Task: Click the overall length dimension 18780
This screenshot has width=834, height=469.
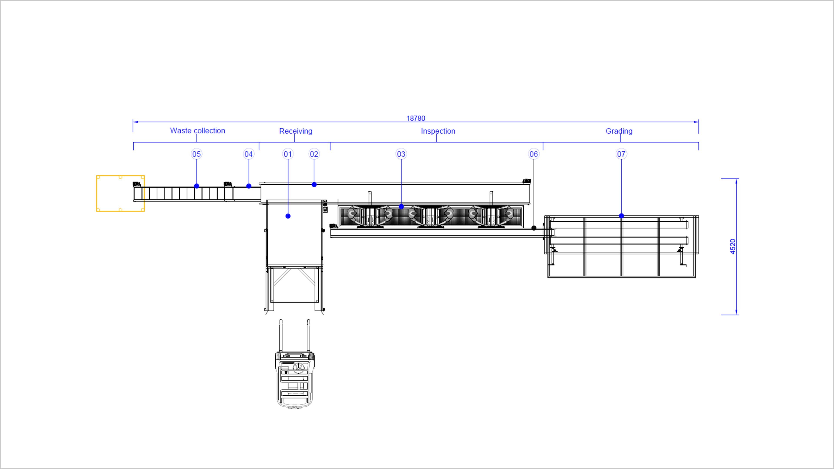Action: (416, 119)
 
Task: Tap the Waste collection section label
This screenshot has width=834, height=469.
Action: (197, 130)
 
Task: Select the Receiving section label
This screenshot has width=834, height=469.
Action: (296, 131)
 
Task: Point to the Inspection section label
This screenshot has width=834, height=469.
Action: (438, 131)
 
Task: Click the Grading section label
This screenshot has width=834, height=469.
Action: (619, 131)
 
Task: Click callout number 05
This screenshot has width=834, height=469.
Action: (197, 154)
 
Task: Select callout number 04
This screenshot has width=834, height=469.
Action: (249, 154)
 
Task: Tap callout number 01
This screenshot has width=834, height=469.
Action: (288, 154)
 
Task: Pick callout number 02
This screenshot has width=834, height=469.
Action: (314, 154)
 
